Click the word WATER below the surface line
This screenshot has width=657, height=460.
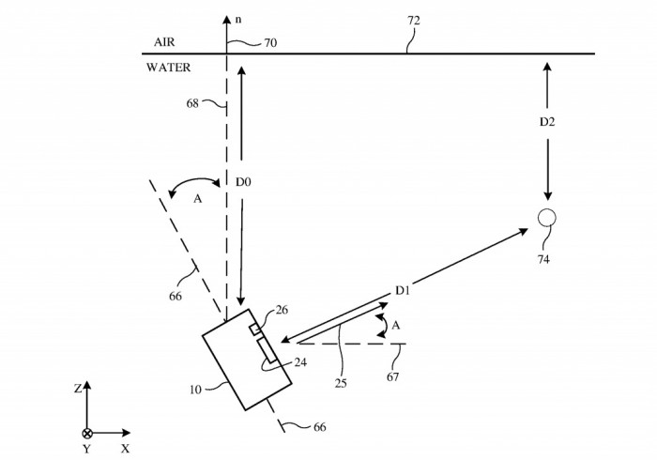(x=169, y=67)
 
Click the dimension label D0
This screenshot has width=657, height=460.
(x=242, y=181)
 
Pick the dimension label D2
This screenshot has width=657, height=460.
(x=546, y=123)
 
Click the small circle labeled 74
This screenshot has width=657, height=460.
(x=547, y=218)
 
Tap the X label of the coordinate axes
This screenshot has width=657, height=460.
(x=125, y=449)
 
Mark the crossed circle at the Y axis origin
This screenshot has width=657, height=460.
(x=87, y=433)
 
